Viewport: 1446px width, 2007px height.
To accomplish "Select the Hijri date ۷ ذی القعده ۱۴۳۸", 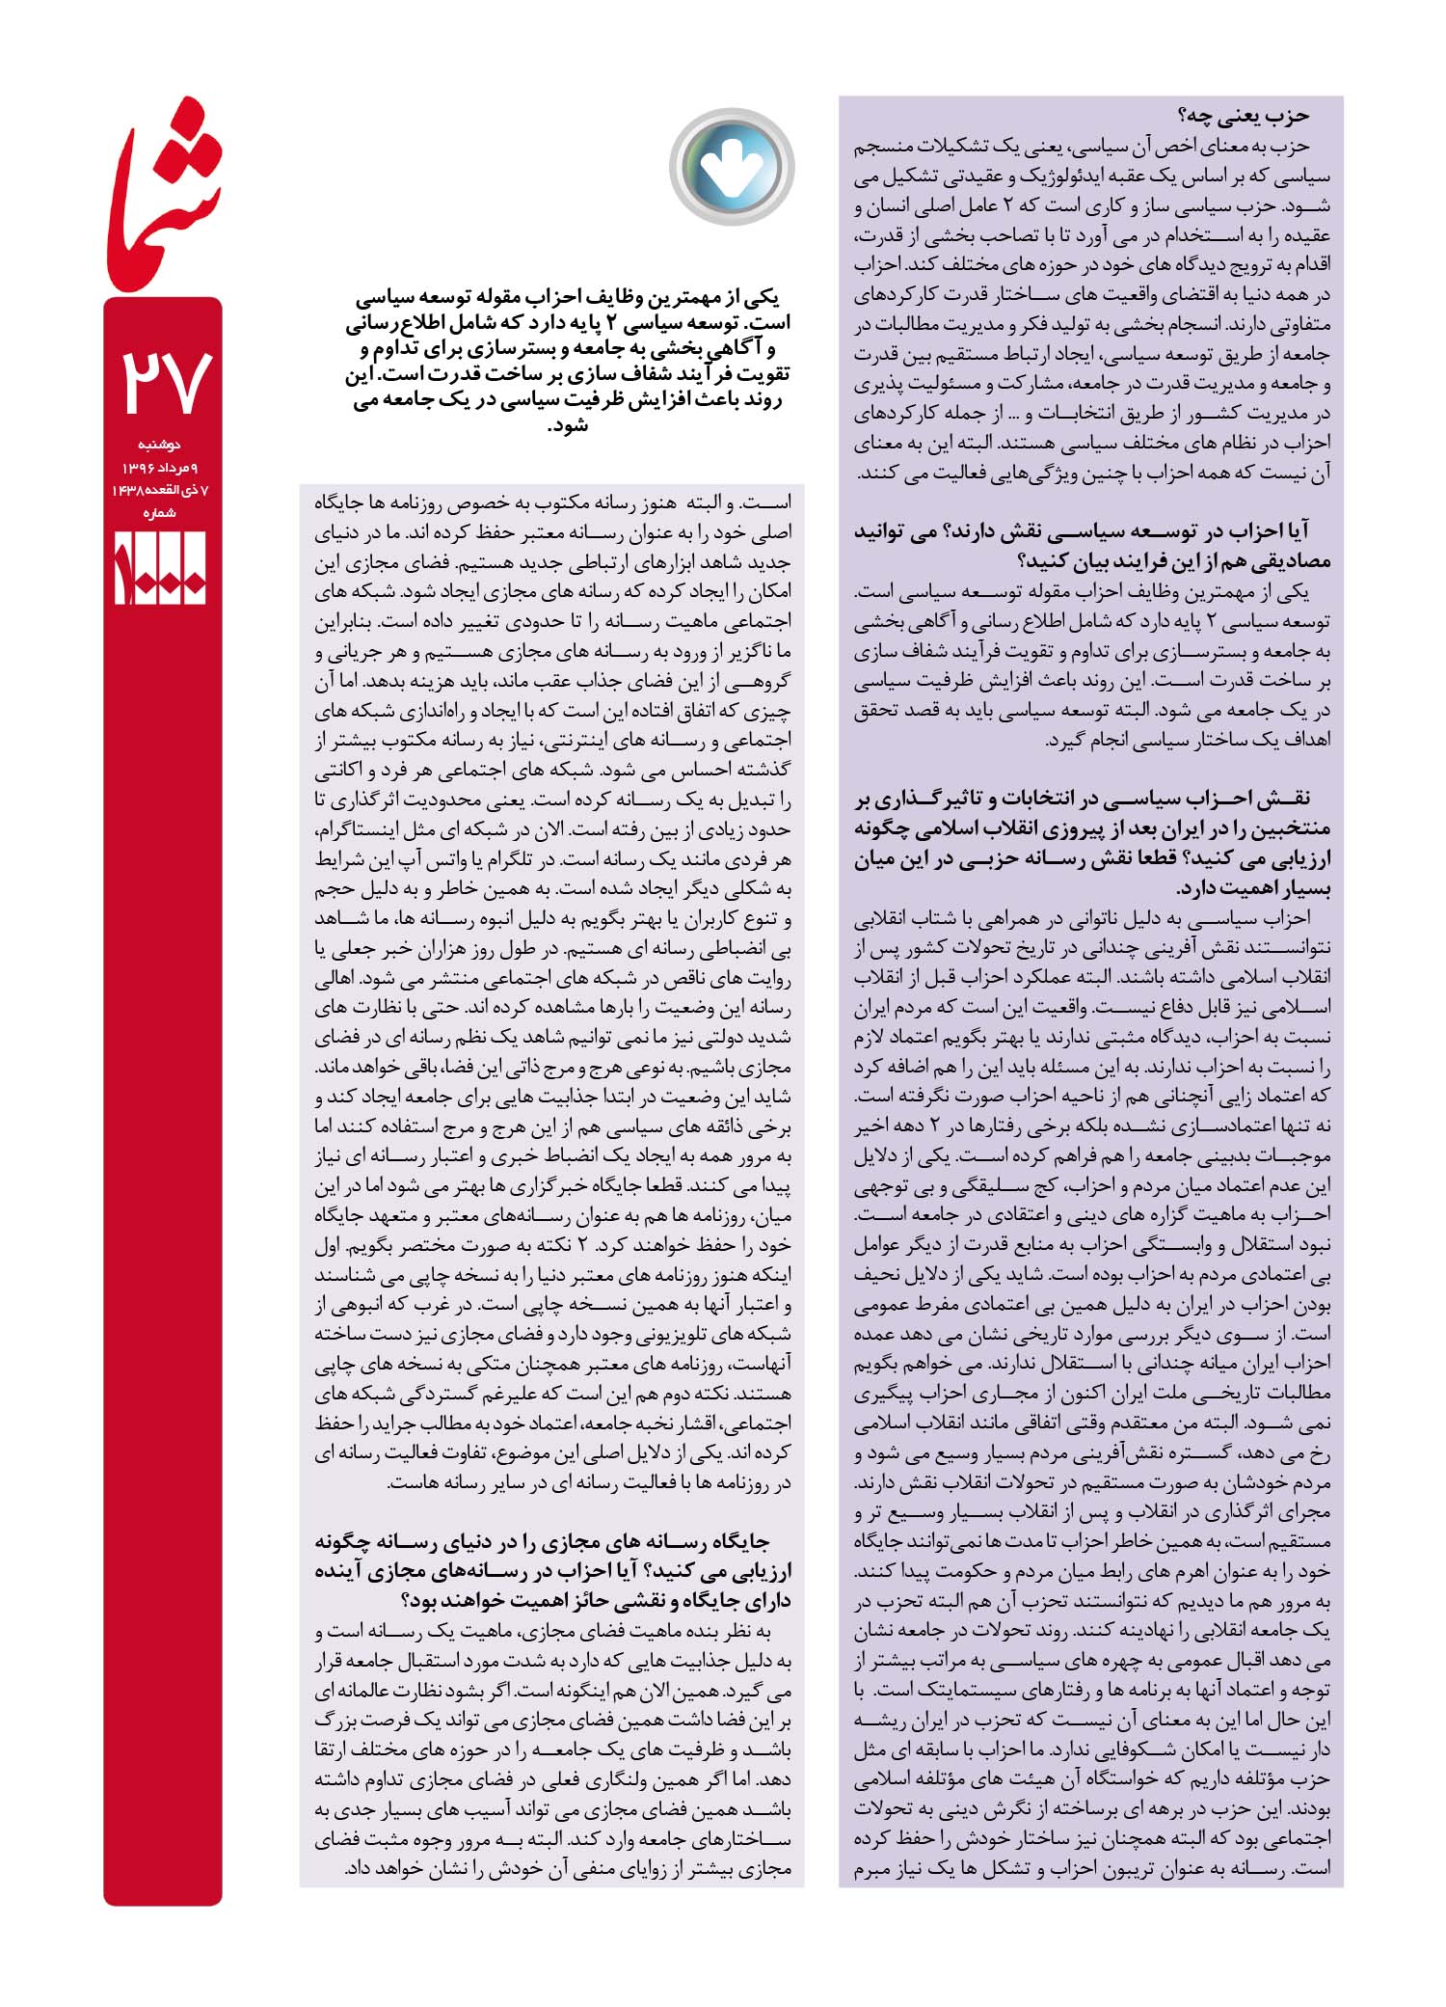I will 161,490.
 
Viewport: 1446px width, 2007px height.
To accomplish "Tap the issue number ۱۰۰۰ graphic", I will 161,568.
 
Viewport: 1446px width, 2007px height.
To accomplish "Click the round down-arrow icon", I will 732,167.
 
